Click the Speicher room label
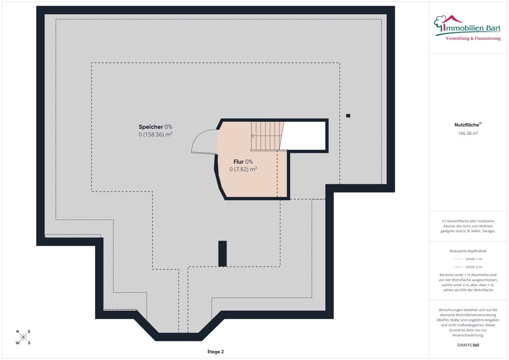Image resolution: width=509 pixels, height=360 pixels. click(x=151, y=127)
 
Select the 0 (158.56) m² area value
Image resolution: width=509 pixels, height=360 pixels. click(x=155, y=135)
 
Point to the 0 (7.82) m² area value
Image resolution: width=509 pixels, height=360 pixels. click(x=243, y=169)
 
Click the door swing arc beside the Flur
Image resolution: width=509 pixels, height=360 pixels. click(x=204, y=141)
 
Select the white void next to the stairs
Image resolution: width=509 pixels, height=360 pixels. click(x=304, y=135)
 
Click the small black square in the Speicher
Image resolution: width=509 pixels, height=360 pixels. click(x=348, y=116)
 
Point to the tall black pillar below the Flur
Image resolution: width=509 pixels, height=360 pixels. click(x=222, y=253)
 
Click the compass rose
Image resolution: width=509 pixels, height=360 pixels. click(x=23, y=337)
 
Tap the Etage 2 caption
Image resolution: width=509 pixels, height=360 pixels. click(x=215, y=352)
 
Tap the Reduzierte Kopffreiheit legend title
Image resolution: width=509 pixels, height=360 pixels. click(x=468, y=251)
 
